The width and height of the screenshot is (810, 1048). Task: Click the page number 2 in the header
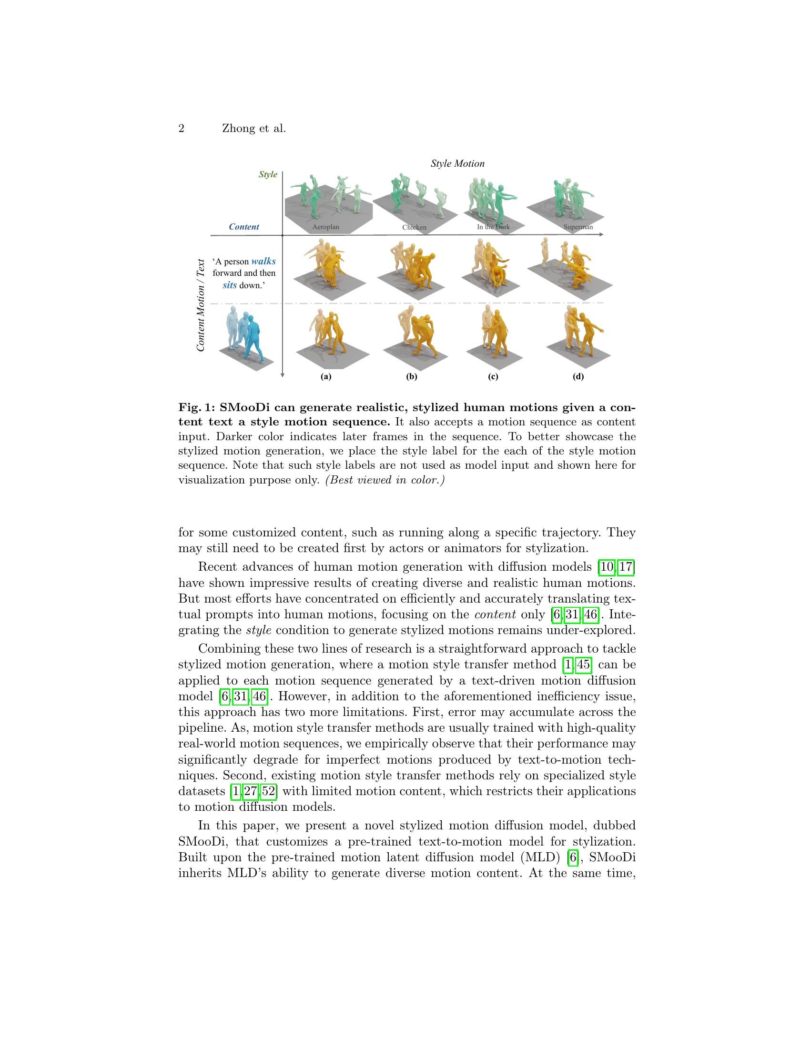click(182, 129)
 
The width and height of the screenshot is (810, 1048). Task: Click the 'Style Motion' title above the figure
click(457, 163)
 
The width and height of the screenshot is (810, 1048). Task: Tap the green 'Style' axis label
click(268, 174)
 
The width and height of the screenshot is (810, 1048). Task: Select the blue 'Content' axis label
click(244, 227)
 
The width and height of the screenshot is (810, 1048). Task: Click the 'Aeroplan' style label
click(325, 227)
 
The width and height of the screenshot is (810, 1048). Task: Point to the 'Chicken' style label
click(414, 227)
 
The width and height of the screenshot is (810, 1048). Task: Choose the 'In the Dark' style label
click(493, 226)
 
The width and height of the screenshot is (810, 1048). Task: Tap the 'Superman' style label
click(578, 227)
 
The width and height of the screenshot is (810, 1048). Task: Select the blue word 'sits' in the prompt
click(230, 285)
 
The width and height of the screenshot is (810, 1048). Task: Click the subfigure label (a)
click(326, 377)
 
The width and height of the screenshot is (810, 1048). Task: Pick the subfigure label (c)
click(493, 377)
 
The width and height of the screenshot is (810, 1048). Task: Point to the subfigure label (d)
click(578, 377)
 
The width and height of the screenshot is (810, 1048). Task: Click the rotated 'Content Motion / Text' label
click(201, 305)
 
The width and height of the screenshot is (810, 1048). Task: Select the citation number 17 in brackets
click(626, 567)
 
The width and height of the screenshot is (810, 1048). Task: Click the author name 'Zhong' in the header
click(238, 129)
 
